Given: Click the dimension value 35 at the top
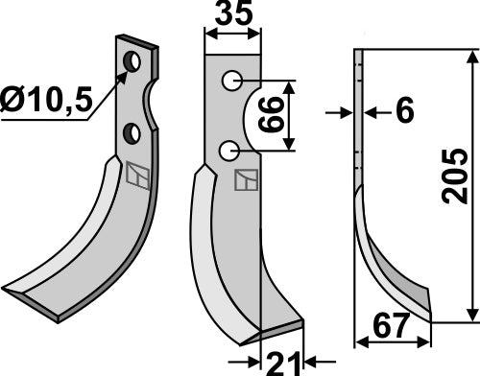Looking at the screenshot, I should [233, 16].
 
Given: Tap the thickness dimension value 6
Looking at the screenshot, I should [403, 113].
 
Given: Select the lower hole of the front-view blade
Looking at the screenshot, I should [228, 150].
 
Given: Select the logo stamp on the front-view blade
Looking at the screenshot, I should [245, 180].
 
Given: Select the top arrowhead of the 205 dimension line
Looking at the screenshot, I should [471, 56].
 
